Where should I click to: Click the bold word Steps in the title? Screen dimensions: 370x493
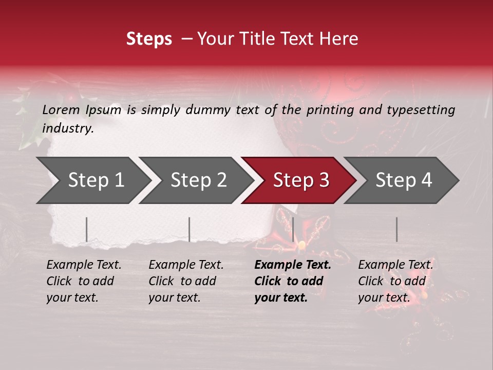pos(149,39)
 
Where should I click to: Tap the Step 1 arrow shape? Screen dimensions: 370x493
pos(92,180)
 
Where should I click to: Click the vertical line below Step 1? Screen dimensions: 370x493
pos(87,229)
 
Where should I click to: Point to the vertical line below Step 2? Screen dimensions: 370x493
pos(189,229)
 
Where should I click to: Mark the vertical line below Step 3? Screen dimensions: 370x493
pos(293,229)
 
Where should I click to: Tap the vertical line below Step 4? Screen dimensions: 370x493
pos(396,229)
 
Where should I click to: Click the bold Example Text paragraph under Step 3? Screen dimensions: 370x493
pos(293,281)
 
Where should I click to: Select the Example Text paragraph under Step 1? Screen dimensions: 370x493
pos(84,281)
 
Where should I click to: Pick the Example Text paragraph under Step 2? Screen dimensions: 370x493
pos(186,281)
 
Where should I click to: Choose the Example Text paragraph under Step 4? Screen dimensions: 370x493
pos(395,281)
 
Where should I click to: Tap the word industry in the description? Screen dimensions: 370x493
pos(68,128)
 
